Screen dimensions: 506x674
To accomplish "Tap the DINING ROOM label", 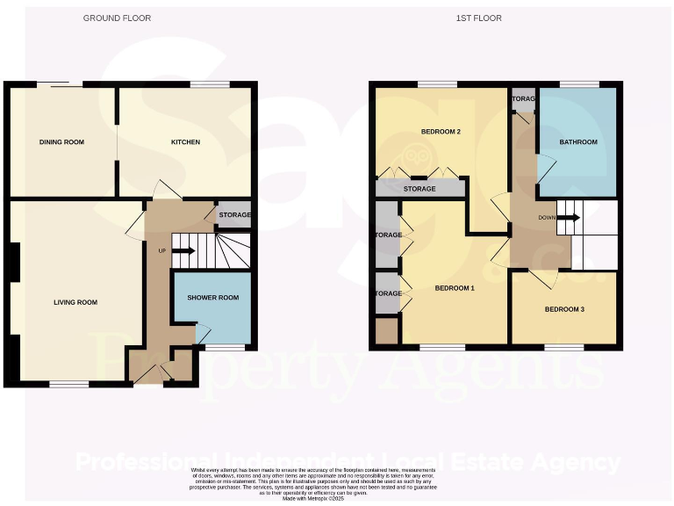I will click(61, 141).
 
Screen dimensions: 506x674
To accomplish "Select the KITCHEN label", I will click(185, 141).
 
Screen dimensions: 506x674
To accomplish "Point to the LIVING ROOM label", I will click(75, 302).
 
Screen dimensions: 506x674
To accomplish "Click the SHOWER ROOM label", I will click(213, 298).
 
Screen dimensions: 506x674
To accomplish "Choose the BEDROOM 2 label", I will click(441, 132).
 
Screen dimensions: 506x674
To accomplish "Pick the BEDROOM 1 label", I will click(455, 288).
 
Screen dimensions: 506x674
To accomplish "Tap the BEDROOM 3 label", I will click(564, 309).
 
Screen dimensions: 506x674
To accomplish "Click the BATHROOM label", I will click(578, 142).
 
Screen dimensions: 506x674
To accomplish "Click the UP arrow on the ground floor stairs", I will click(183, 251).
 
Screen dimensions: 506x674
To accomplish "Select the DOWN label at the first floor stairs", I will click(547, 217).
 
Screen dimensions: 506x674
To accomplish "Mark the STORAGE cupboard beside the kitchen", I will click(234, 215).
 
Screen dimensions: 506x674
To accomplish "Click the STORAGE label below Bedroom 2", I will click(419, 189).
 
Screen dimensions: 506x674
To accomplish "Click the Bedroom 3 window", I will click(564, 348).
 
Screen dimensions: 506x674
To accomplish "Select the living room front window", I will click(68, 384).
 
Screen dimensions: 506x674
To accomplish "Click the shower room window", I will click(226, 348).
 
